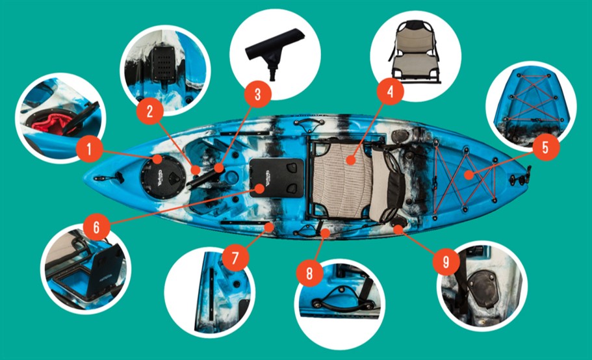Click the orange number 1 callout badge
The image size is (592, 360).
click(89, 149)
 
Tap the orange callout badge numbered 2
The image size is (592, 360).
click(149, 111)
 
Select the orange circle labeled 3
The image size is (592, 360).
click(257, 94)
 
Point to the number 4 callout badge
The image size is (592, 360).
click(390, 92)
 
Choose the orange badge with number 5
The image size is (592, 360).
click(545, 148)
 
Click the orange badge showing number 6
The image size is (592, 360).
click(97, 227)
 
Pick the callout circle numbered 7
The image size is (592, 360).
click(235, 258)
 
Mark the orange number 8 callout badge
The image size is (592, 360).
click(309, 273)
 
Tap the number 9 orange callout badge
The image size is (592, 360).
click(446, 261)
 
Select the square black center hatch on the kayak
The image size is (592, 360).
click(277, 178)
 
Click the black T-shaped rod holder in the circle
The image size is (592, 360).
click(274, 53)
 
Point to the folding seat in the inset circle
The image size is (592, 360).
click(415, 52)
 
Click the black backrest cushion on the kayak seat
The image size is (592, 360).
click(396, 188)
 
